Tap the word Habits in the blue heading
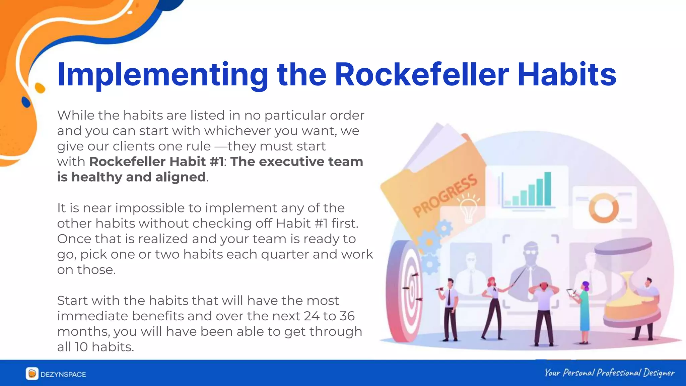coord(567,74)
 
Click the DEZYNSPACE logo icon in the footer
coord(32,374)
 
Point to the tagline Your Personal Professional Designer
coord(609,373)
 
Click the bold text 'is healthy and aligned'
coord(131,177)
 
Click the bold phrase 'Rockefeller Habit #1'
coord(156,162)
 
